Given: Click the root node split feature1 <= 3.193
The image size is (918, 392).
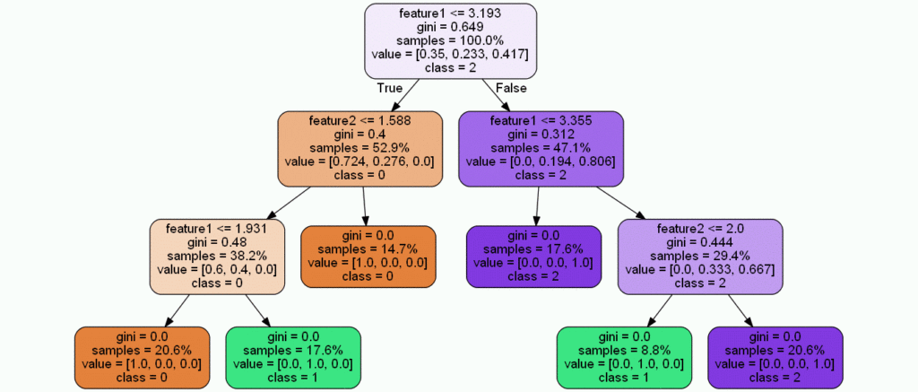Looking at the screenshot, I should [450, 13].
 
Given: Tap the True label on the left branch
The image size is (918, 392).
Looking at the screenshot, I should [389, 88].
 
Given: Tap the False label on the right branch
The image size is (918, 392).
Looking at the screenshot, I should [511, 88].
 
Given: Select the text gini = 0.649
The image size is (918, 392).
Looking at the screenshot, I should [450, 27].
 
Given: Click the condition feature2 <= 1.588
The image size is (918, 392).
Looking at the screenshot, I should [359, 120].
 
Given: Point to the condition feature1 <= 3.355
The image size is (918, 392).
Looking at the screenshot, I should [540, 120].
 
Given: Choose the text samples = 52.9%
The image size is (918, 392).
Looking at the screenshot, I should [359, 147].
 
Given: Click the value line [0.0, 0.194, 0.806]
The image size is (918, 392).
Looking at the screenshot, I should [540, 161].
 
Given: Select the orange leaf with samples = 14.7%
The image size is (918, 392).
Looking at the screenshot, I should [368, 256].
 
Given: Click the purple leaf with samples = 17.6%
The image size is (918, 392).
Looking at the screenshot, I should [533, 256].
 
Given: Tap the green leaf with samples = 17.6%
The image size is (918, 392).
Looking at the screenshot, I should [291, 356].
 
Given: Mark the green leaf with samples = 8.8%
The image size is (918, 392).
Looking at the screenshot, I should [623, 356].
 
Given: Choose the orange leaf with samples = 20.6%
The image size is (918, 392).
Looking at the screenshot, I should [141, 356].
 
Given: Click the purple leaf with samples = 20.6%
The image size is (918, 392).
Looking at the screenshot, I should [774, 356].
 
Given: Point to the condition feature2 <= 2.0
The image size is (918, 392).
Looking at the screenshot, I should [700, 228].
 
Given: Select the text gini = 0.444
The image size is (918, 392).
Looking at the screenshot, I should [700, 241].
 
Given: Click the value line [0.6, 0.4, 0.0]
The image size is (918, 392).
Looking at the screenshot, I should [216, 268].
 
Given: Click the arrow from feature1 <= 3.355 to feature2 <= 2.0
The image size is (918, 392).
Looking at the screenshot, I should [628, 203].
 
